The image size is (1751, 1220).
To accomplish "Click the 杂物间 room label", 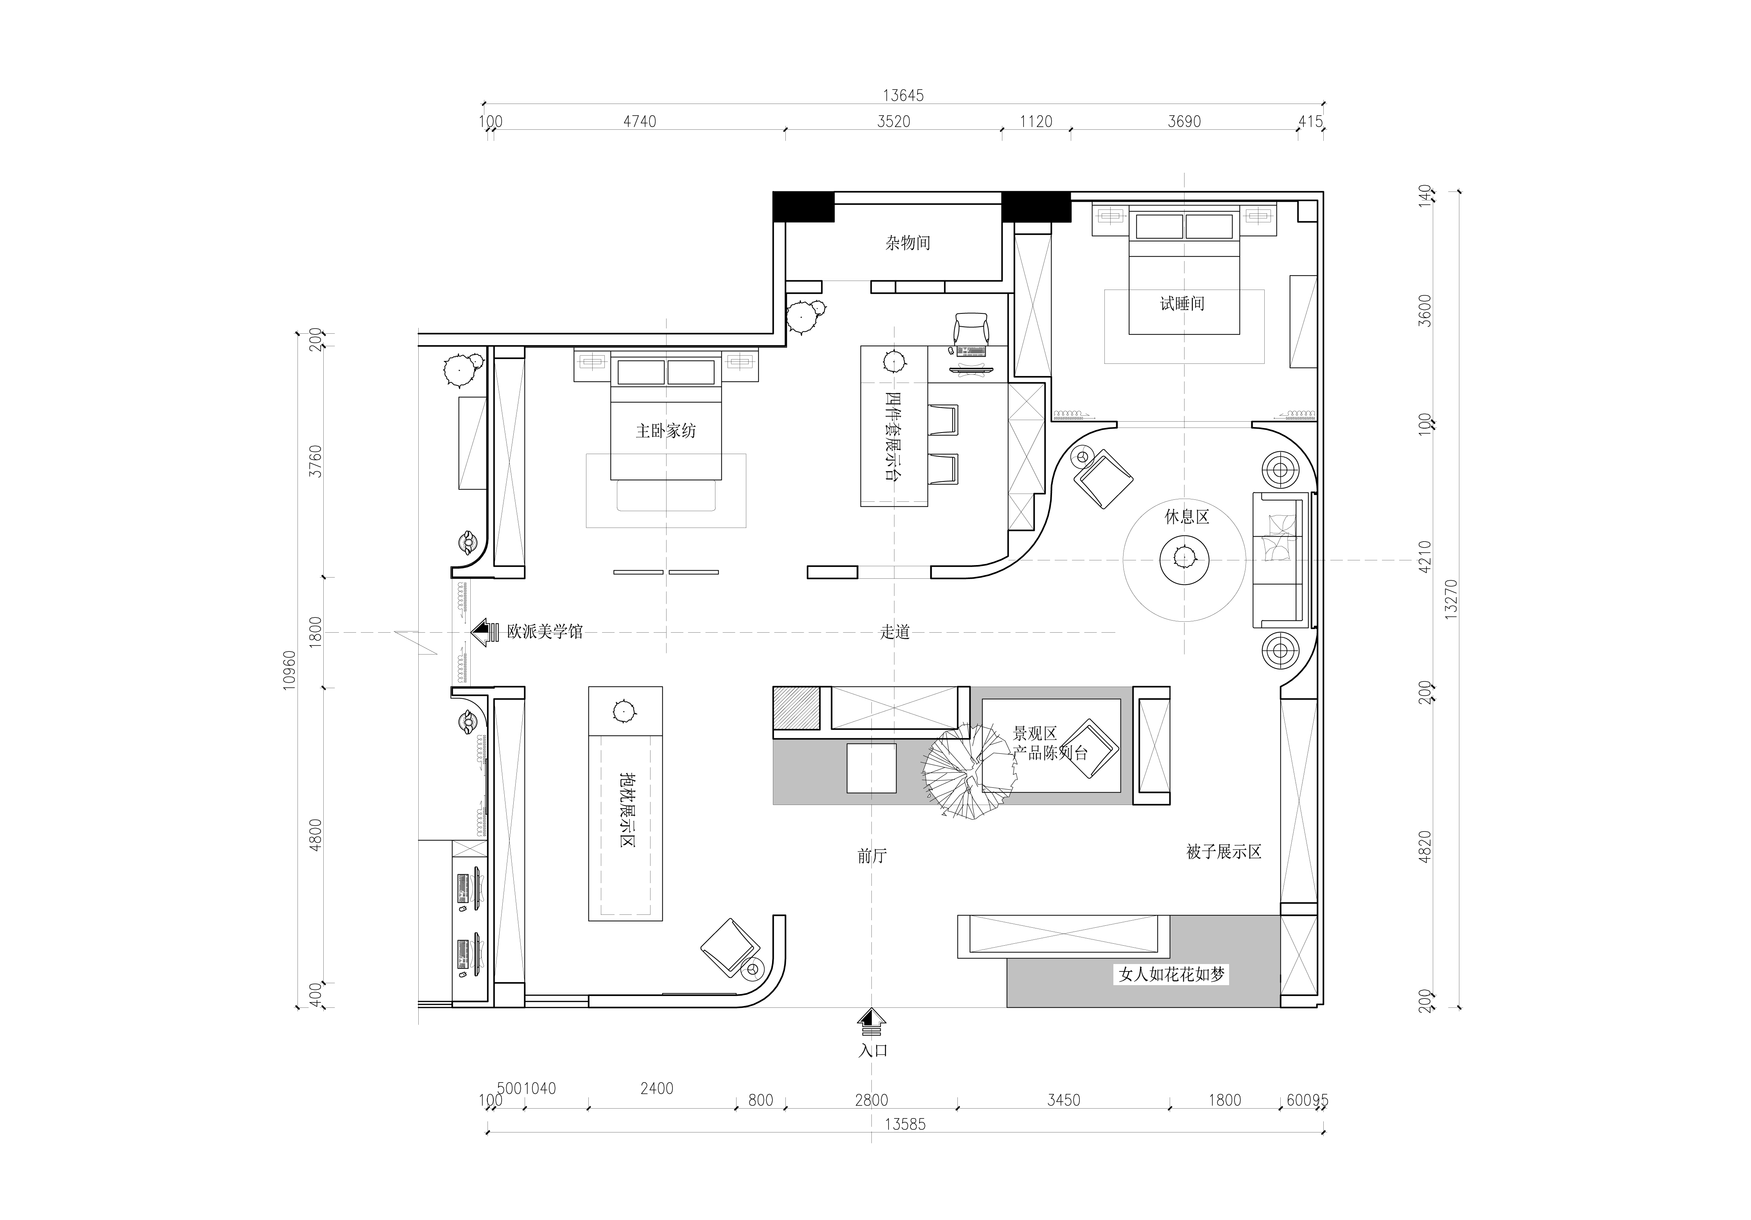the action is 907,243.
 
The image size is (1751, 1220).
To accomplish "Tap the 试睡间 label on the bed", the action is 1182,304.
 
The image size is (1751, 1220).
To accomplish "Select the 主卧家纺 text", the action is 666,431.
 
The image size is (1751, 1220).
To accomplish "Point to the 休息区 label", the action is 1186,517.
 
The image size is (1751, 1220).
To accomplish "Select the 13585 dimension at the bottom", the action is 905,1125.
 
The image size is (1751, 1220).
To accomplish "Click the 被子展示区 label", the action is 1224,852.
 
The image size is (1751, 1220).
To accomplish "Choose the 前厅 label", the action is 872,856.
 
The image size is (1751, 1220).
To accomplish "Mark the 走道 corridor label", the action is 894,632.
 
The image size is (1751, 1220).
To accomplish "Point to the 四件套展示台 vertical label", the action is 893,436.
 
